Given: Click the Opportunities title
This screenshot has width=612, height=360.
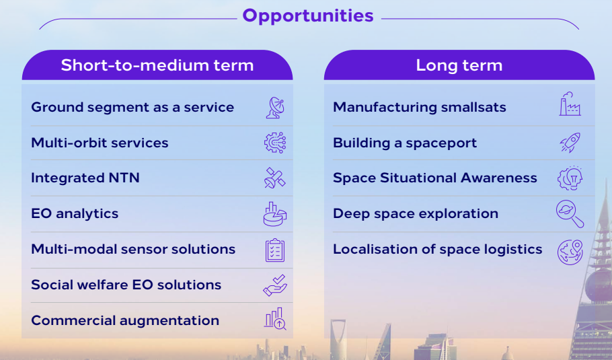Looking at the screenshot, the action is [x=308, y=16].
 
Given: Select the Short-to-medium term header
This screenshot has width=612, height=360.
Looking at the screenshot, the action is [x=157, y=65].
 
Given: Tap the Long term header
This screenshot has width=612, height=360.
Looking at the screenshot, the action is [x=459, y=65].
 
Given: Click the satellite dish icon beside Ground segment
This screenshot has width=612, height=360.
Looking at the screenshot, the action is [x=275, y=108].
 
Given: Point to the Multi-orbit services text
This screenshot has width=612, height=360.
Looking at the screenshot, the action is [x=100, y=143].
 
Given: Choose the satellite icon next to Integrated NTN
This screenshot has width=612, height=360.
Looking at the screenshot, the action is [x=275, y=178].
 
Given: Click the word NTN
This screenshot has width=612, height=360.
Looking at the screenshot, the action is [x=124, y=178].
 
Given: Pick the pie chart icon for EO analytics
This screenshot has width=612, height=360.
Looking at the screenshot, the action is [x=275, y=214].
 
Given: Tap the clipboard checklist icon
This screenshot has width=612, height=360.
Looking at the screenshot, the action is [x=275, y=250].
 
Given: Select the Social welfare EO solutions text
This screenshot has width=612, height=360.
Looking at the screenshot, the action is [x=126, y=285].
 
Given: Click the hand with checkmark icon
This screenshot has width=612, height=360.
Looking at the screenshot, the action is [x=275, y=285].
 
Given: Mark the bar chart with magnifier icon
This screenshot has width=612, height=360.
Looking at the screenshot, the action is [x=275, y=318].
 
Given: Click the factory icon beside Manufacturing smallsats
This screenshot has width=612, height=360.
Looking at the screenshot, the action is [x=570, y=104].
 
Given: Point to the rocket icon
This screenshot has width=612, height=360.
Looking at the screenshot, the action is [x=570, y=143].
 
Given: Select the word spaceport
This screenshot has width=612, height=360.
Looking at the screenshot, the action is [x=441, y=144].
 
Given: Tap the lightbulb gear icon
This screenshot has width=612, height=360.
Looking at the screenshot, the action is [x=570, y=178].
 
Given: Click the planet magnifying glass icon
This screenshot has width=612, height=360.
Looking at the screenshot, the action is [x=570, y=214].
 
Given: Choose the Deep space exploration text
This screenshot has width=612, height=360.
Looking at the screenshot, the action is [x=416, y=214].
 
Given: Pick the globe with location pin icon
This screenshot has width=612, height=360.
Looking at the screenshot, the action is [x=570, y=252].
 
